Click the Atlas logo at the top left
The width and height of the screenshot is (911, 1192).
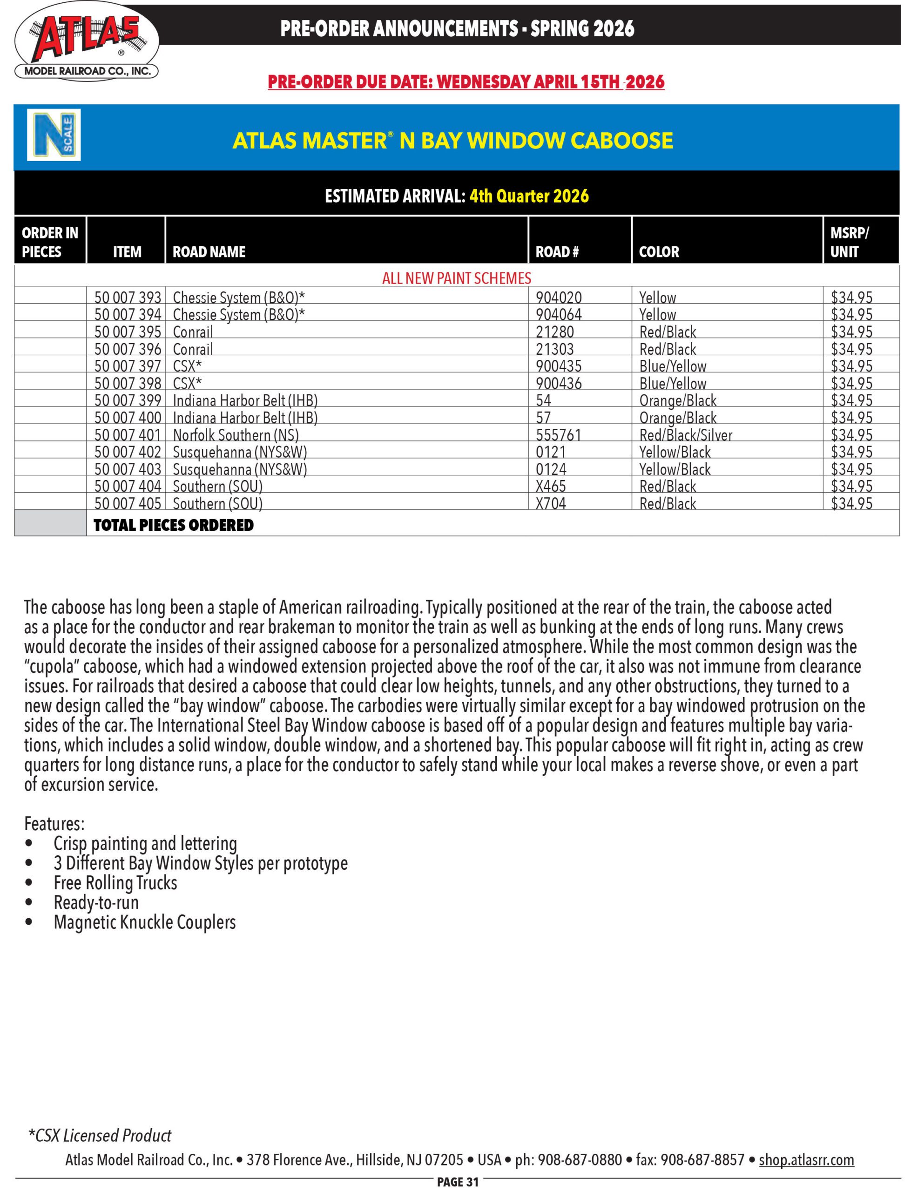tap(87, 42)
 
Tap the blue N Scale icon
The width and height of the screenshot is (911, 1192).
tap(54, 135)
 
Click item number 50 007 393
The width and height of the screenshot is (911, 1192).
tap(128, 297)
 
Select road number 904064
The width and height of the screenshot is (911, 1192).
tap(559, 315)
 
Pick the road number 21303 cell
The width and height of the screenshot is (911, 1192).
tap(555, 349)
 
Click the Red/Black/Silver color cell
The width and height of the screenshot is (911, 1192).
tap(685, 435)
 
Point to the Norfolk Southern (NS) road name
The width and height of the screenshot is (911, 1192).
tap(236, 435)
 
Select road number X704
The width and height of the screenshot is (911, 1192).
tap(551, 503)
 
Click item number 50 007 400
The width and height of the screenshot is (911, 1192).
tap(128, 418)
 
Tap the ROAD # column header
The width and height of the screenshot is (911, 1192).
tap(557, 251)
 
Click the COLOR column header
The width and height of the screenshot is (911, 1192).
tap(659, 251)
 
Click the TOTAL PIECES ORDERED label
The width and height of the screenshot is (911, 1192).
tap(174, 525)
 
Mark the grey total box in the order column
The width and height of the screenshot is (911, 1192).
tap(50, 523)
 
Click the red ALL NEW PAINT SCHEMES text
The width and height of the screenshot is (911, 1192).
tap(457, 278)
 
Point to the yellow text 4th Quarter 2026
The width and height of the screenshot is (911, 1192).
tap(529, 196)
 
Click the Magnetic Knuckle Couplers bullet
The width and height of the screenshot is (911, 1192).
tap(144, 922)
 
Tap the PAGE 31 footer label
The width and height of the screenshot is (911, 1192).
tap(458, 1182)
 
